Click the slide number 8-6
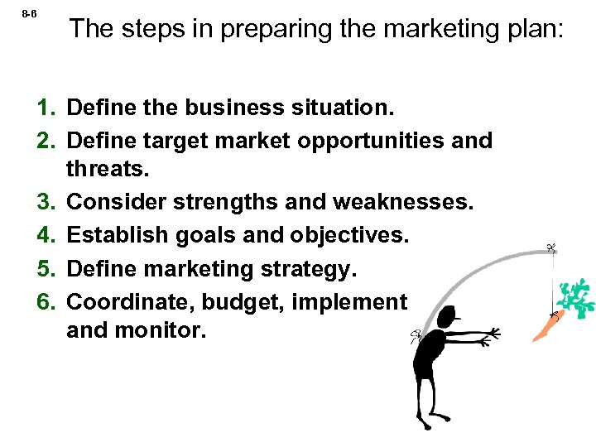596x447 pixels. coord(28,15)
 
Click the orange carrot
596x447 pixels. coord(546,327)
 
